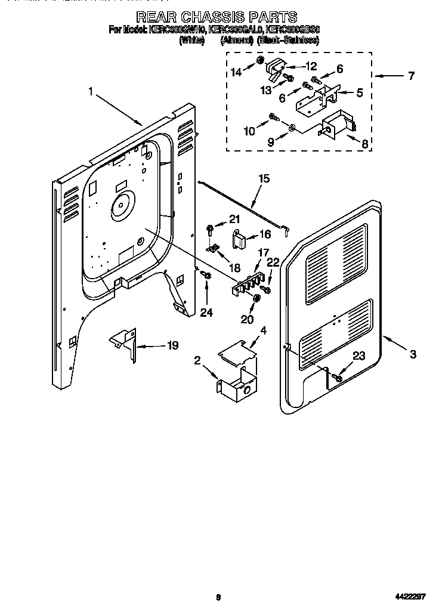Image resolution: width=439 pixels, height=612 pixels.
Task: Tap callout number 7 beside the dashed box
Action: pos(410,76)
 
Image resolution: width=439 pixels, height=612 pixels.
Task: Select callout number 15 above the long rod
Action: pos(264,178)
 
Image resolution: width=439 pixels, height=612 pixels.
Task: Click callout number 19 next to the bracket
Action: pos(172,345)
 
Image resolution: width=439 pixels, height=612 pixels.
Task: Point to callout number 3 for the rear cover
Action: pos(413,354)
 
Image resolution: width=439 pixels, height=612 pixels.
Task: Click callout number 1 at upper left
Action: pos(91,92)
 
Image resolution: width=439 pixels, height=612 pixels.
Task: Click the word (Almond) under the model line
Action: pos(237,41)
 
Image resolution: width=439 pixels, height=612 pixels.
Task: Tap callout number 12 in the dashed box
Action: pos(311,67)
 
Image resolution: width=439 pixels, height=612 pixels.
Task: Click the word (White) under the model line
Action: pos(191,41)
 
